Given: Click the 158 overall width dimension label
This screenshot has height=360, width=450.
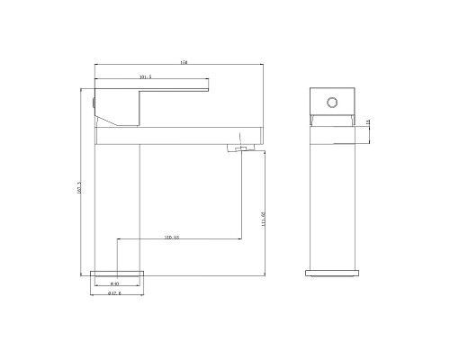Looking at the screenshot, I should coord(184,62).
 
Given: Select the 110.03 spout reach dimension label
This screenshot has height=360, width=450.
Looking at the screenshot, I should coord(172,237).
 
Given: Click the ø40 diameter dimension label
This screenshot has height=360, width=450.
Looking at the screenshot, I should coord(115,283).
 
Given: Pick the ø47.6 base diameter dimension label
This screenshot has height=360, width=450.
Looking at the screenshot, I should coord(114,293).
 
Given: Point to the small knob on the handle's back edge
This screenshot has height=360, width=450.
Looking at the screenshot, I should coord(94,104).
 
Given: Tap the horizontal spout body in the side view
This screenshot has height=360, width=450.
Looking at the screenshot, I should coord(180,134).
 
